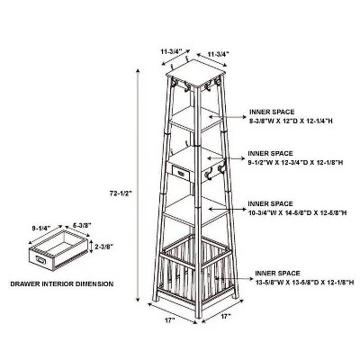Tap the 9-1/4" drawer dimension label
pyautogui.click(x=41, y=228)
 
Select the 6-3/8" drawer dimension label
pyautogui.click(x=82, y=225)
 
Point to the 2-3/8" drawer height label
pyautogui.click(x=103, y=247)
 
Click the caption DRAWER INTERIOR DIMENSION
pyautogui.click(x=62, y=283)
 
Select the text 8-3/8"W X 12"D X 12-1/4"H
pyautogui.click(x=291, y=121)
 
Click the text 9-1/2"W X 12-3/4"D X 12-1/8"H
pyautogui.click(x=295, y=163)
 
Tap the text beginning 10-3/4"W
pyautogui.click(x=297, y=212)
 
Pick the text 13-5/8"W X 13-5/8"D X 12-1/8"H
pyautogui.click(x=304, y=283)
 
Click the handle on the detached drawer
pyautogui.click(x=40, y=260)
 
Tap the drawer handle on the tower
pyautogui.click(x=181, y=174)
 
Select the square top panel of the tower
pyautogui.click(x=195, y=73)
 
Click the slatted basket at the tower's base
pyautogui.click(x=195, y=268)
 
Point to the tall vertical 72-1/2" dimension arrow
pyautogui.click(x=138, y=184)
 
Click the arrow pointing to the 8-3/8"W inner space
pyautogui.click(x=227, y=117)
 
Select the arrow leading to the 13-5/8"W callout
pyautogui.click(x=234, y=279)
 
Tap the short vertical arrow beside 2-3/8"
pyautogui.click(x=91, y=247)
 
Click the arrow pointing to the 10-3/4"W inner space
pyautogui.click(x=227, y=209)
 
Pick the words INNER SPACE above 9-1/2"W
pyautogui.click(x=270, y=154)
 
